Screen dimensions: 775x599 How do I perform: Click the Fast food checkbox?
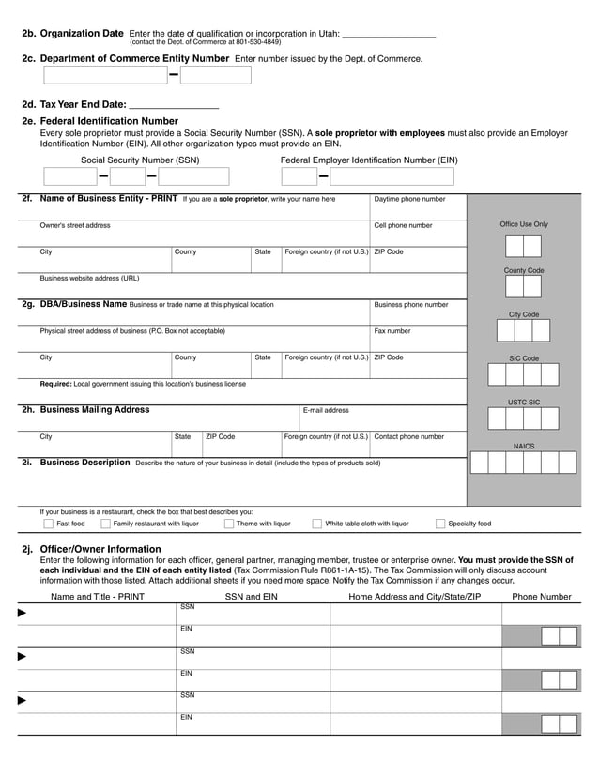(48, 524)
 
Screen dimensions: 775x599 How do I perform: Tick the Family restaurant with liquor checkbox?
(105, 524)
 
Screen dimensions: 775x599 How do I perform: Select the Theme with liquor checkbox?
(228, 524)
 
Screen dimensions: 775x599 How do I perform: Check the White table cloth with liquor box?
(317, 524)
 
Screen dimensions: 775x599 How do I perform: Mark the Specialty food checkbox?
(440, 524)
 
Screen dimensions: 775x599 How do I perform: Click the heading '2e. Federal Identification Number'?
(100, 121)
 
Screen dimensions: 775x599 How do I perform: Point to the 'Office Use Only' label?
(524, 224)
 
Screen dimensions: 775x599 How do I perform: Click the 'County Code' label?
(524, 270)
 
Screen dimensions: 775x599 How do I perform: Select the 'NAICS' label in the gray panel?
(524, 446)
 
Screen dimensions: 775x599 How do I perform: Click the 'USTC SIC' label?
(524, 402)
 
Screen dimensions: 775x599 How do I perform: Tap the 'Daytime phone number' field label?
(409, 199)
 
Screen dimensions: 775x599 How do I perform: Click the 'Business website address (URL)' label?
(89, 278)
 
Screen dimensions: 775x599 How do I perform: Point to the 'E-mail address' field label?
(326, 410)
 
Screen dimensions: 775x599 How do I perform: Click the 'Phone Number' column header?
(541, 596)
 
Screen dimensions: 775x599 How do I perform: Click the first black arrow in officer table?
(23, 613)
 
